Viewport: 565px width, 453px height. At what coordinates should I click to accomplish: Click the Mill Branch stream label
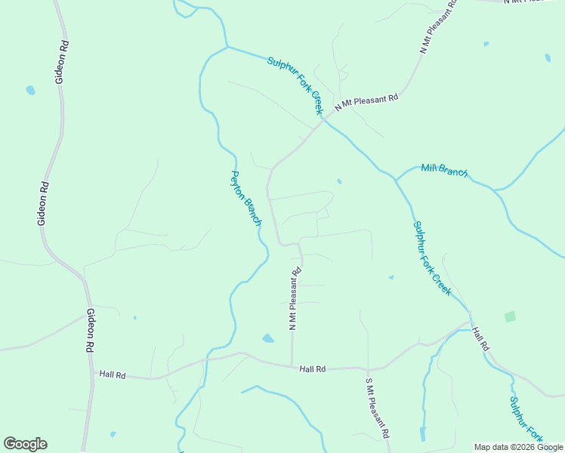(445, 171)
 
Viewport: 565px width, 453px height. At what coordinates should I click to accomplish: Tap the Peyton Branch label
(245, 199)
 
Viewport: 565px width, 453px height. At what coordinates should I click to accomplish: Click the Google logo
(25, 444)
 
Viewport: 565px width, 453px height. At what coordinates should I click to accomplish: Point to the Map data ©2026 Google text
(519, 447)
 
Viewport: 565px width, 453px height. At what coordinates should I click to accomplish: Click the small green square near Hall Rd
(510, 316)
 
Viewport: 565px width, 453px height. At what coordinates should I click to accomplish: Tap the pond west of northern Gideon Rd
(30, 91)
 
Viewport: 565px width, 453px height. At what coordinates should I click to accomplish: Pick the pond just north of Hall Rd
(267, 338)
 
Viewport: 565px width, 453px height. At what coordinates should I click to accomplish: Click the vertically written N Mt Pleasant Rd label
(295, 298)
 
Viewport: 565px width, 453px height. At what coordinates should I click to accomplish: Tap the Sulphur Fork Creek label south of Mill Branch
(432, 257)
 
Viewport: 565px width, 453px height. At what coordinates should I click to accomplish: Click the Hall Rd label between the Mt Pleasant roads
(312, 369)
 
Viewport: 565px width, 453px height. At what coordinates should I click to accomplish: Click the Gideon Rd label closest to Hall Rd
(90, 331)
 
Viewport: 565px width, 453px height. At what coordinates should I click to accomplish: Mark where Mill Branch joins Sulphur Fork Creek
(395, 180)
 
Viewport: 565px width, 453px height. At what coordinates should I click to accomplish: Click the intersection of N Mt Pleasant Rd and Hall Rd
(292, 367)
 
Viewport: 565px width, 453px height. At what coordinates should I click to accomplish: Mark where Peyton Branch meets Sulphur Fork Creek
(227, 47)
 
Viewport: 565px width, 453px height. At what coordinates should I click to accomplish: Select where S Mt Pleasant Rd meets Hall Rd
(368, 368)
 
